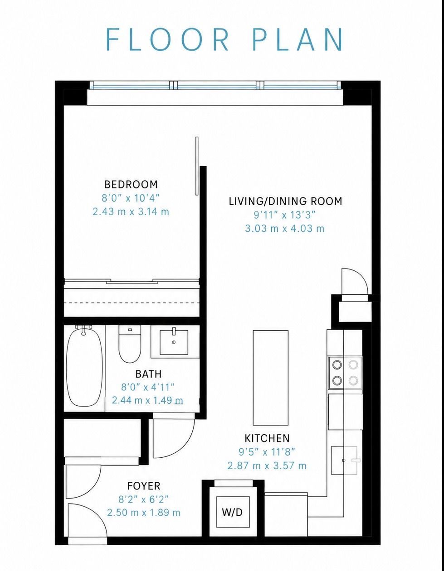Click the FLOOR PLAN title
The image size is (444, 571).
224,39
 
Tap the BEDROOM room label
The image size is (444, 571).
131,184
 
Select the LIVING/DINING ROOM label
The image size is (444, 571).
286,201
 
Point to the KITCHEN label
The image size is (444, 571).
267,438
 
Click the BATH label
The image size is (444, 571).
148,374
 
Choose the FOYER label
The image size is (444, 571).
144,486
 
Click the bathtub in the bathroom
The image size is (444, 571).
84,369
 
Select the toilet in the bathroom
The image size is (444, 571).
130,344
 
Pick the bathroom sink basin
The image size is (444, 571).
174,342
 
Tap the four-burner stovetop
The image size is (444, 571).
345,372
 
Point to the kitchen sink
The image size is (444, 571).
344,460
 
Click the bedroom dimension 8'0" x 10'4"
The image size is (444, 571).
131,198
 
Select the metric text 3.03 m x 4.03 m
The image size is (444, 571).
285,228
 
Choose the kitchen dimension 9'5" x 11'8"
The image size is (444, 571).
267,452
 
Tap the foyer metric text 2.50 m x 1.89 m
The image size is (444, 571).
144,513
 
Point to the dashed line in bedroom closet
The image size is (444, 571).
132,303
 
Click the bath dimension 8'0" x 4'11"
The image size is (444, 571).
148,387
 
